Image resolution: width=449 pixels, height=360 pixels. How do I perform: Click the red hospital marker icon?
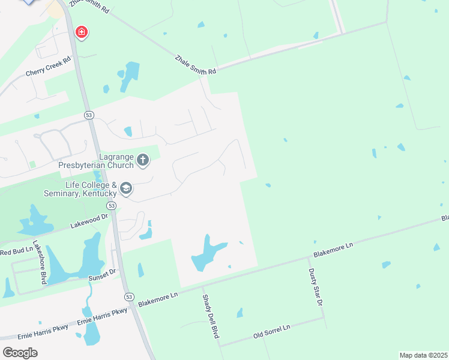click(x=80, y=32)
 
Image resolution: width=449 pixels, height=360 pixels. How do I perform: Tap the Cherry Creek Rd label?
click(x=48, y=67)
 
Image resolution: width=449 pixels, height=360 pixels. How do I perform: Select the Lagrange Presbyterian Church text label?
click(x=95, y=159)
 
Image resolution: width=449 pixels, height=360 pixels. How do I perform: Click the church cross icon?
click(x=142, y=160)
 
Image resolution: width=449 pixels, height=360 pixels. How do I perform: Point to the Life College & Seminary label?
click(x=80, y=189)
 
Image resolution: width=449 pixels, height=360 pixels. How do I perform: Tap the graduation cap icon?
click(x=125, y=189)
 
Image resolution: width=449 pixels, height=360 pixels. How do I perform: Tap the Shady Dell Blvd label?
click(x=209, y=316)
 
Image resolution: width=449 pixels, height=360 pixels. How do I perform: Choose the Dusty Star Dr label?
click(x=316, y=287)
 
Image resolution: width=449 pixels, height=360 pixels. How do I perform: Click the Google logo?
click(x=20, y=352)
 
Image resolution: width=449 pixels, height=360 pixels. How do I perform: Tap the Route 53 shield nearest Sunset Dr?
click(x=128, y=296)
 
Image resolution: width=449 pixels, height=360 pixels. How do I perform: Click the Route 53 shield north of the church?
click(x=89, y=115)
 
